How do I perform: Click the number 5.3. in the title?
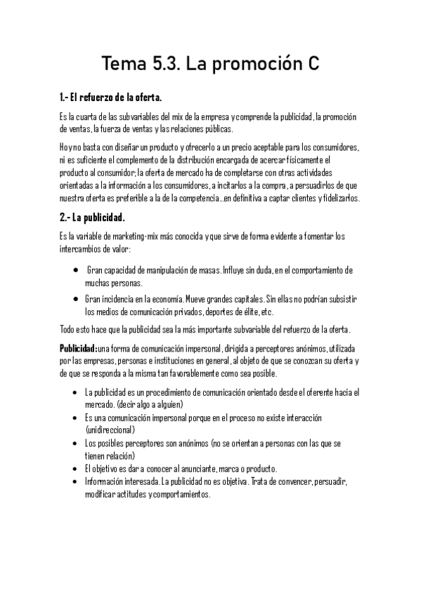tap(164, 65)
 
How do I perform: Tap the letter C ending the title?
tap(311, 65)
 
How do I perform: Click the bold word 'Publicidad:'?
tap(78, 348)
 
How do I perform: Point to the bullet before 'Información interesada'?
tap(75, 481)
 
